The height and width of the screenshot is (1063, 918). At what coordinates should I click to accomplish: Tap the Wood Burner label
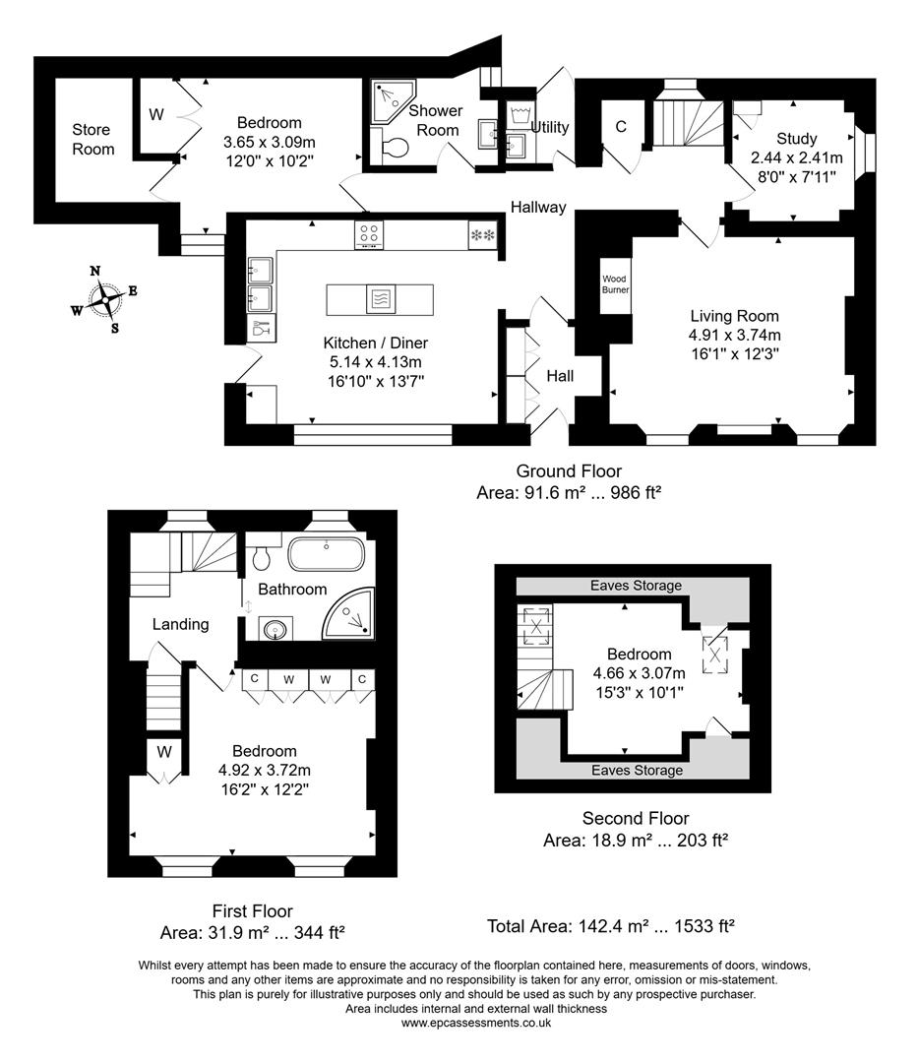(x=615, y=284)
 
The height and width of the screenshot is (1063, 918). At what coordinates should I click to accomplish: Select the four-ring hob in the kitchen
(x=369, y=235)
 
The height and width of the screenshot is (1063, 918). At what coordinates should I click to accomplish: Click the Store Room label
(x=92, y=140)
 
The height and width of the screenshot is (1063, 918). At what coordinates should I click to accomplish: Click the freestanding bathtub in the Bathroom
(x=326, y=554)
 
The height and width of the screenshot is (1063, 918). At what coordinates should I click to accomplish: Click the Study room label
(x=796, y=139)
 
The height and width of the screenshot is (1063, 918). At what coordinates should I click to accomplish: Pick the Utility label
(x=550, y=127)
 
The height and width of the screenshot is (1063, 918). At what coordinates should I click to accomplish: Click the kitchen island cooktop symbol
(x=380, y=298)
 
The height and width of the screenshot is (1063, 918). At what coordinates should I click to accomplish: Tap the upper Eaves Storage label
(x=636, y=586)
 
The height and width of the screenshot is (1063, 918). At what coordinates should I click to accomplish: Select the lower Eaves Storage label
(x=636, y=771)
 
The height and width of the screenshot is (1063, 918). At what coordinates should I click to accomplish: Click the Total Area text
(x=611, y=926)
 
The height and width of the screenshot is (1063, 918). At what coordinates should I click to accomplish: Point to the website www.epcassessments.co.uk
(x=475, y=1023)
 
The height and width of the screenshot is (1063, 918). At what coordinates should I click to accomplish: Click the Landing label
(x=180, y=624)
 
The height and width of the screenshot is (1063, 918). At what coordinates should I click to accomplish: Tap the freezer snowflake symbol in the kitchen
(x=483, y=236)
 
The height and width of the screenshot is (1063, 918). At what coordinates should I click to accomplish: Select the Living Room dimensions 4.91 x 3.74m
(x=734, y=335)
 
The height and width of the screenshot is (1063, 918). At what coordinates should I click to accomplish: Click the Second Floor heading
(x=636, y=818)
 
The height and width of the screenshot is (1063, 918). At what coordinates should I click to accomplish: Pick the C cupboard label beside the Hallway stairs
(x=621, y=126)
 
